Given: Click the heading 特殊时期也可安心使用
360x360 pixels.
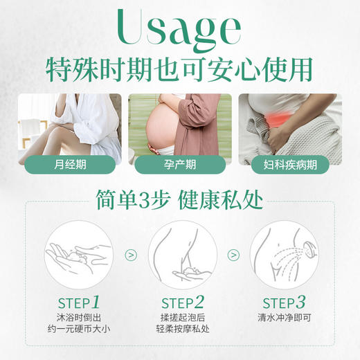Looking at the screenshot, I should tap(179, 69).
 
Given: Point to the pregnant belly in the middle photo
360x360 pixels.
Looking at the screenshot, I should tap(166, 128).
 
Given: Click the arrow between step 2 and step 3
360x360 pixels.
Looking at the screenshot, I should tap(233, 255).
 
